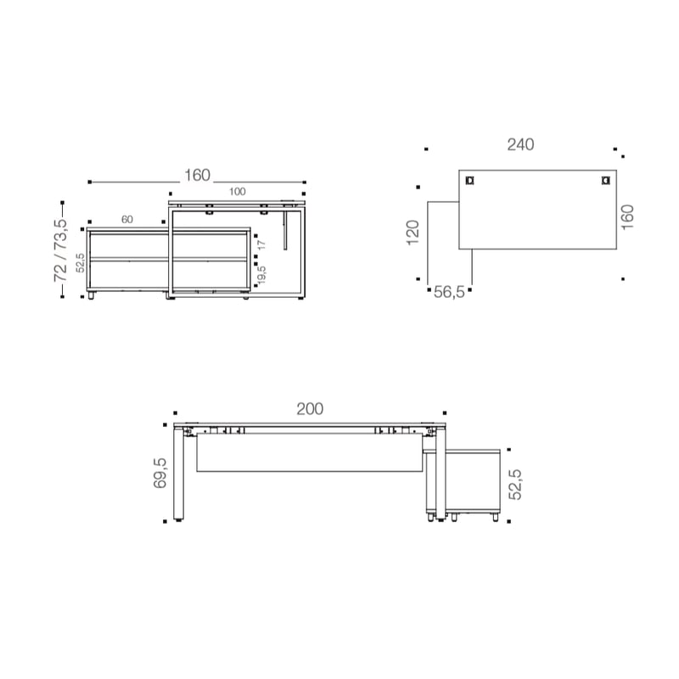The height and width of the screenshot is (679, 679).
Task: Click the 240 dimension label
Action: click(x=520, y=144)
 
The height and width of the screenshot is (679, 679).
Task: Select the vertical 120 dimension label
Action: click(x=413, y=233)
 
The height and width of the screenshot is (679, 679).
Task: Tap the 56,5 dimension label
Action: click(x=449, y=292)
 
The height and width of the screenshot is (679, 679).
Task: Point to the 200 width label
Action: click(x=310, y=409)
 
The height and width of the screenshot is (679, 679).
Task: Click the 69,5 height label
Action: click(x=160, y=473)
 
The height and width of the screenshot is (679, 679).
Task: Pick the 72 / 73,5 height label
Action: click(x=60, y=250)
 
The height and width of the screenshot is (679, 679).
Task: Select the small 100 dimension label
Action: click(x=238, y=192)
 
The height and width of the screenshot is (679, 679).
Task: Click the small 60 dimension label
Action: click(x=126, y=220)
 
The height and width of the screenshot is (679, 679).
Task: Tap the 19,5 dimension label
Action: click(x=261, y=274)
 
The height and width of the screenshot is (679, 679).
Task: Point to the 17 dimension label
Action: click(x=261, y=244)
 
